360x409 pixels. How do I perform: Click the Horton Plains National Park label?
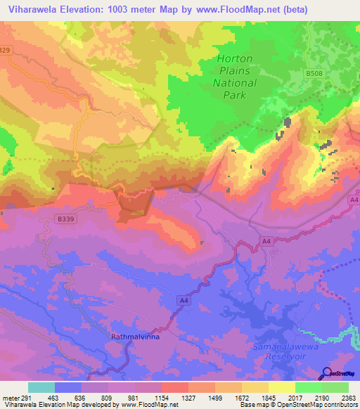coord(237,76)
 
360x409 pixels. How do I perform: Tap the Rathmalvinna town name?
coord(136,337)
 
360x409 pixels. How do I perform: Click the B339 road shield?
coord(65,220)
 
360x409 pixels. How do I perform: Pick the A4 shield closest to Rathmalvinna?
coord(184,301)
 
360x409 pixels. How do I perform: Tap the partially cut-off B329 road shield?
coord(5,50)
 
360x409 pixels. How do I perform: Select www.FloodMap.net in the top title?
coord(273,9)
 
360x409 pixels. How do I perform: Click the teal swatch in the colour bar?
coord(41,387)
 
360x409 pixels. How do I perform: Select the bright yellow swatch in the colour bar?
coord(282,387)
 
